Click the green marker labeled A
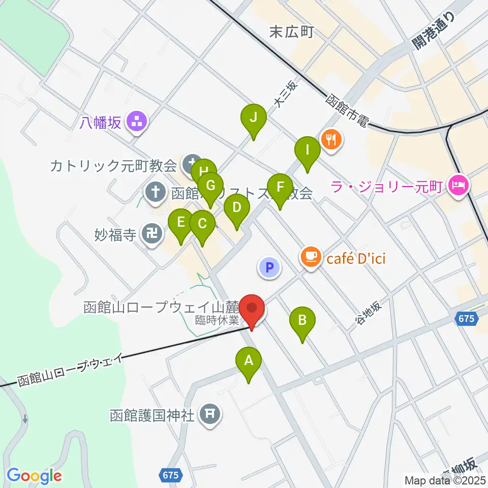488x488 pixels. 249,362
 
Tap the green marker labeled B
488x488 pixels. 302,321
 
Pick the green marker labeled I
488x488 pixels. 307,151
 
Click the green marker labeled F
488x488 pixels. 280,188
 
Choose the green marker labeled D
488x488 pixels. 237,208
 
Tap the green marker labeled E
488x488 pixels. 180,223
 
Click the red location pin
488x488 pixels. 253,308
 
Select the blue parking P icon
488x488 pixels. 270,267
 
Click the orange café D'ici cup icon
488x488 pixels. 311,257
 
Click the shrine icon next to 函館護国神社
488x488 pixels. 209,415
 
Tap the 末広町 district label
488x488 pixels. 291,33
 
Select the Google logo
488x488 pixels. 35,475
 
